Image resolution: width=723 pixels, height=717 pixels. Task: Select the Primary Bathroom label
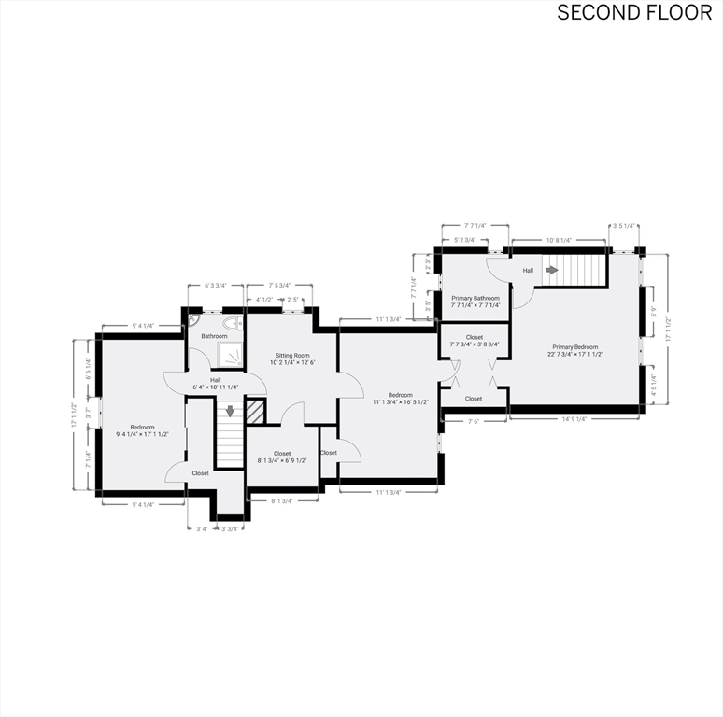point(475,302)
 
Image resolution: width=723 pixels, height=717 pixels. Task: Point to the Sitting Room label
point(292,358)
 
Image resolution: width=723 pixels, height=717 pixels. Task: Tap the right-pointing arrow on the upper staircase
point(552,270)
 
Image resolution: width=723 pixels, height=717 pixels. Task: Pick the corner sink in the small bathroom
point(193,318)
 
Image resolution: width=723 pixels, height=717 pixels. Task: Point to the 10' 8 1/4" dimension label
point(559,240)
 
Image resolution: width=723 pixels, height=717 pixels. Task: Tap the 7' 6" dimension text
point(474,420)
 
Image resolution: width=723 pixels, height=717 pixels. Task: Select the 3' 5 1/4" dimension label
point(623,226)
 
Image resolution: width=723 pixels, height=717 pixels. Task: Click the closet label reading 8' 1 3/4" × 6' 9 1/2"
point(282,457)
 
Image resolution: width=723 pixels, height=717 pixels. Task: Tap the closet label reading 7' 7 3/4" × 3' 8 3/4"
point(474,341)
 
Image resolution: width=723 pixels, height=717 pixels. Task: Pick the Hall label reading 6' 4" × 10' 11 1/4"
point(215,383)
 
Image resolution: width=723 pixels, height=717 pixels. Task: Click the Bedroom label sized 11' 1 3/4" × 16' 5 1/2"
point(400,399)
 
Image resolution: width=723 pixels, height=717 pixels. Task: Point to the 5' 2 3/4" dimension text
point(464,240)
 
